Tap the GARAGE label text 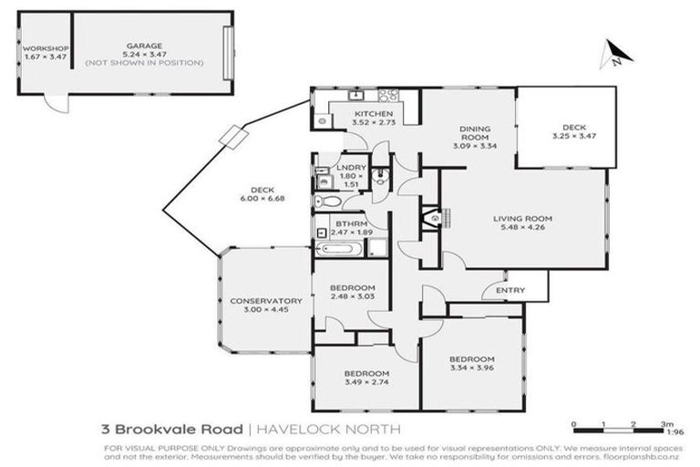(144, 45)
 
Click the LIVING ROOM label (523, 219)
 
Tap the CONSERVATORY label (265, 300)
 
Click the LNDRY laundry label (352, 167)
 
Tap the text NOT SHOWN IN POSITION (144, 63)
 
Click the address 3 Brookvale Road (172, 429)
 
